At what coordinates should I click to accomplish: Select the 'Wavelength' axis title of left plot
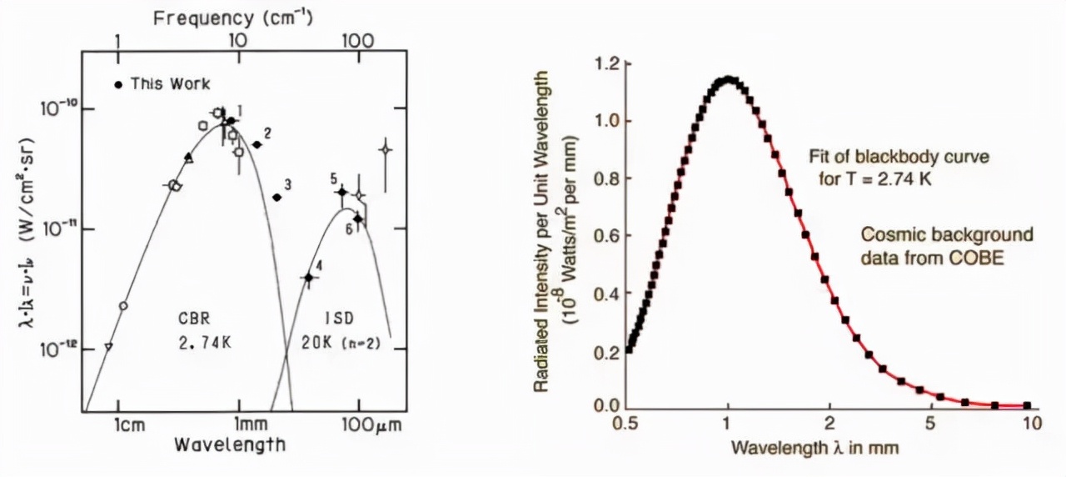click(x=229, y=444)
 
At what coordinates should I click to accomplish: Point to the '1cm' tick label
click(x=129, y=423)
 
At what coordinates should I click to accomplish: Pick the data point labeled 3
click(x=277, y=197)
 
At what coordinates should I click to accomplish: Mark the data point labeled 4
click(x=308, y=278)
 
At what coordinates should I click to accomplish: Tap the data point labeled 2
click(x=257, y=144)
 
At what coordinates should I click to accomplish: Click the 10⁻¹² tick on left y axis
click(x=58, y=349)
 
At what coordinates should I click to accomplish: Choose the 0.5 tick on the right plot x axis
click(x=627, y=423)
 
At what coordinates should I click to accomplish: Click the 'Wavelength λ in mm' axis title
click(x=814, y=448)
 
